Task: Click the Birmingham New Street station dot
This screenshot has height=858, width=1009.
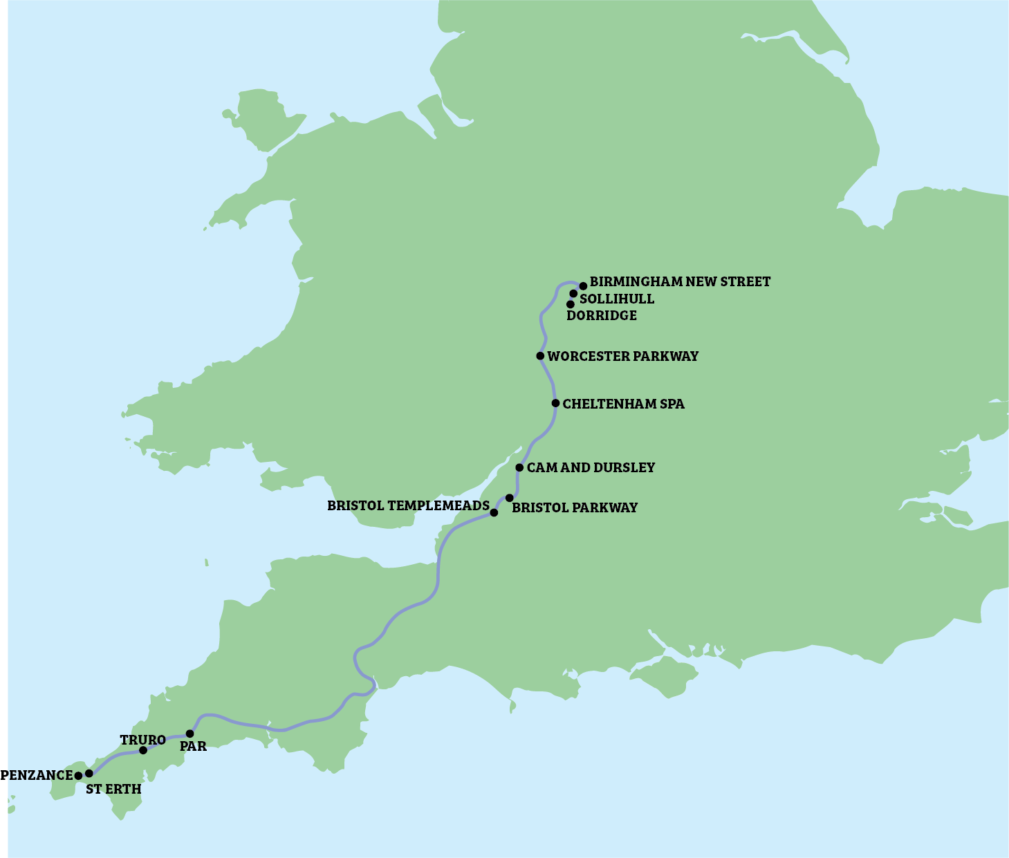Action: [x=583, y=286]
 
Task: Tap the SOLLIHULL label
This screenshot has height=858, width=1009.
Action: [x=616, y=299]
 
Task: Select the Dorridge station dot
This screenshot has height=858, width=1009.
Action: [x=571, y=304]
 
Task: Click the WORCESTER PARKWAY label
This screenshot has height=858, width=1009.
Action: [x=622, y=357]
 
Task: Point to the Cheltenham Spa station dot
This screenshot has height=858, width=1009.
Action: [x=555, y=403]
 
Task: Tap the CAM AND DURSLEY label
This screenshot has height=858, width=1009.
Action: [x=591, y=468]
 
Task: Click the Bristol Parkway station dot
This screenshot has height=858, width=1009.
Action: [x=510, y=498]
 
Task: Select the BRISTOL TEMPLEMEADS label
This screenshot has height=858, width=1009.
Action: [x=408, y=506]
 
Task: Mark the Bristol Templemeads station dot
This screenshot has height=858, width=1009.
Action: [x=494, y=513]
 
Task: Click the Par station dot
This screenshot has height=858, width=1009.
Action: [x=190, y=734]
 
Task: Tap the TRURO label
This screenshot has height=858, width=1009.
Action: [x=142, y=740]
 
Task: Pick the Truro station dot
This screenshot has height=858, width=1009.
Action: [x=143, y=750]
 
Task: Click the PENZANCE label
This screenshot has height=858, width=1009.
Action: [x=37, y=775]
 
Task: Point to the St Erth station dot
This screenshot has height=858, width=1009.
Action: [x=89, y=774]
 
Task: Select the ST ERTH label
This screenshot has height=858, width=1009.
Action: [x=113, y=790]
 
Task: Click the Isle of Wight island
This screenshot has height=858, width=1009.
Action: [x=664, y=673]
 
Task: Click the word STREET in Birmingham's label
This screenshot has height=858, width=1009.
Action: [x=746, y=282]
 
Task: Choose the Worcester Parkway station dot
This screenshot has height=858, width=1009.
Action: [x=540, y=356]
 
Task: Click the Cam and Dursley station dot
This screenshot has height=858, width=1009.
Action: [x=519, y=467]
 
